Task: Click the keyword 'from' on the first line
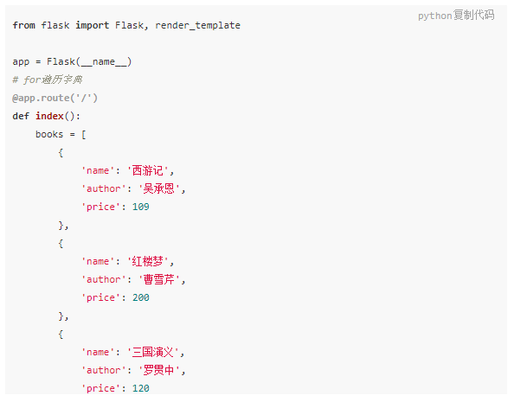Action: [24, 25]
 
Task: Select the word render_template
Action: [197, 26]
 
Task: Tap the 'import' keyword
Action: [92, 26]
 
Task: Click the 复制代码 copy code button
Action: [474, 15]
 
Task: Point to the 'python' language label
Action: [435, 16]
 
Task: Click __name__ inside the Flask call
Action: [104, 62]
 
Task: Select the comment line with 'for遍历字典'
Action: [48, 80]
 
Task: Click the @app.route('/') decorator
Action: [55, 98]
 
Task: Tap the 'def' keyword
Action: [21, 116]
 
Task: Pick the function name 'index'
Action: [49, 116]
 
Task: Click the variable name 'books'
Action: [49, 134]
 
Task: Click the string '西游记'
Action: [147, 170]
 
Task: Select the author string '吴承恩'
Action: [159, 188]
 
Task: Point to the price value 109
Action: [141, 207]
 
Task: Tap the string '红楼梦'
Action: [147, 261]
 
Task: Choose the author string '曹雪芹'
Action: [159, 279]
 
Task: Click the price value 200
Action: [141, 297]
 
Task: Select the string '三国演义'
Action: [153, 352]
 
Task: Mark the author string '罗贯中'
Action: [159, 370]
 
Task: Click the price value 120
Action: [141, 388]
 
